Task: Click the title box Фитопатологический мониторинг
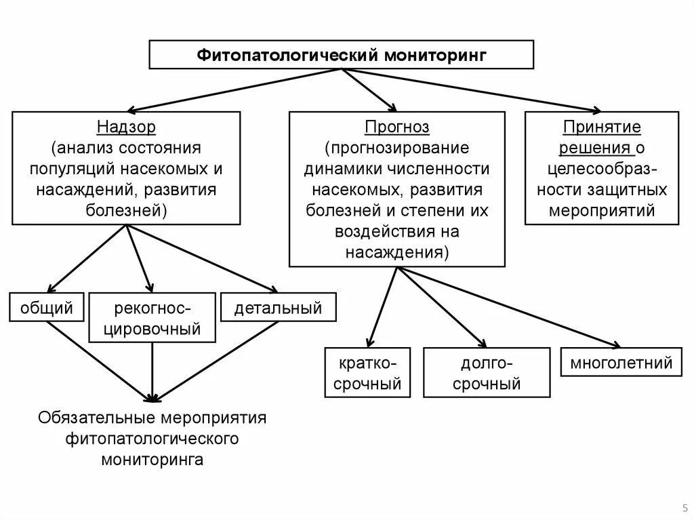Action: (x=342, y=54)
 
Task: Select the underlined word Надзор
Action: (x=126, y=127)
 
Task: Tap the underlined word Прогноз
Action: (x=397, y=127)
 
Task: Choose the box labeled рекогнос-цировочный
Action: (x=152, y=319)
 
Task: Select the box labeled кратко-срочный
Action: (x=367, y=373)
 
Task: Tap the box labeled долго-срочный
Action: (x=487, y=373)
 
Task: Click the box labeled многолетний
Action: (x=621, y=363)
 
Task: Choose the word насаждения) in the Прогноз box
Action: (x=397, y=253)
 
